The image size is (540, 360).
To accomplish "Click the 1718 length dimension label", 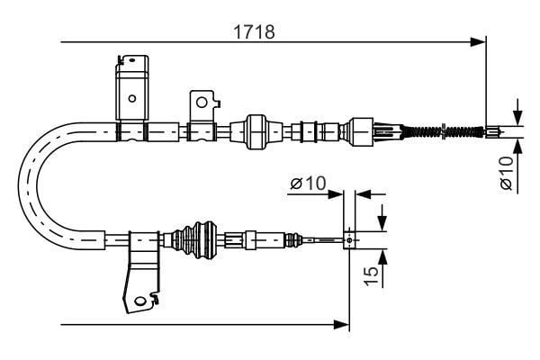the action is point(254,31).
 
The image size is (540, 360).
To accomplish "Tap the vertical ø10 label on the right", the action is point(507,173).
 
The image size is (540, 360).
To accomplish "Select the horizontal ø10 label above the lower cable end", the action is point(308,183).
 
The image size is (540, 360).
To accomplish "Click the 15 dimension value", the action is point(371,275).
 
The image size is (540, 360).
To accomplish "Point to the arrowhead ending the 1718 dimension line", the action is point(478,42).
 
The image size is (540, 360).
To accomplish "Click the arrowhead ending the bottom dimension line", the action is point(342,324).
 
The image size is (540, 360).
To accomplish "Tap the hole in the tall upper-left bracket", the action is point(132,98).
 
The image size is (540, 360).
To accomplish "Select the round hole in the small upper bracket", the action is point(202,103).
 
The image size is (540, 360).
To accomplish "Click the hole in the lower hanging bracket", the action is point(139,301).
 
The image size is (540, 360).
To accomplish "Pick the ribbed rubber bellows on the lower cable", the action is point(195,239).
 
